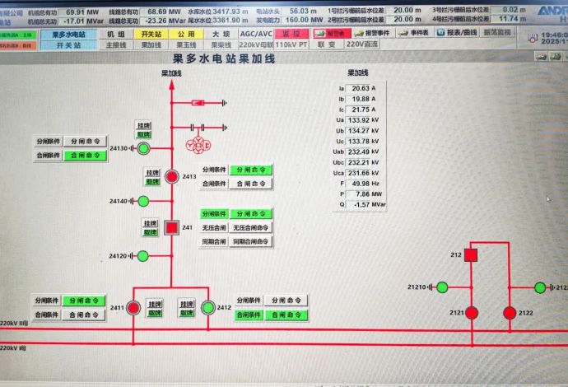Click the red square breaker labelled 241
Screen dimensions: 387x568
(x=172, y=227)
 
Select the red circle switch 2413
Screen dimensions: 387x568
(x=171, y=176)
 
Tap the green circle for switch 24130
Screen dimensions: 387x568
(x=143, y=148)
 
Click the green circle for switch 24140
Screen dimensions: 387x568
(x=143, y=201)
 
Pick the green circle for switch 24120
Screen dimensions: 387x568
(x=143, y=256)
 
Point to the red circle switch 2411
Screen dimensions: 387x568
(x=133, y=308)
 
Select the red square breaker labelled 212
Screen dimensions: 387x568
(x=471, y=255)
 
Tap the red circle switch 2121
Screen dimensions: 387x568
(x=472, y=313)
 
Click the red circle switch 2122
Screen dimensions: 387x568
(x=510, y=313)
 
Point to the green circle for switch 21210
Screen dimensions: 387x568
(x=442, y=287)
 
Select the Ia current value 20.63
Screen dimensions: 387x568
(x=362, y=88)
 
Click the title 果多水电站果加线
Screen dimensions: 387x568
(x=226, y=58)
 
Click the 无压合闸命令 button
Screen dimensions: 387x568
(x=251, y=227)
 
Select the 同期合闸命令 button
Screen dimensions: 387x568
(x=251, y=241)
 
